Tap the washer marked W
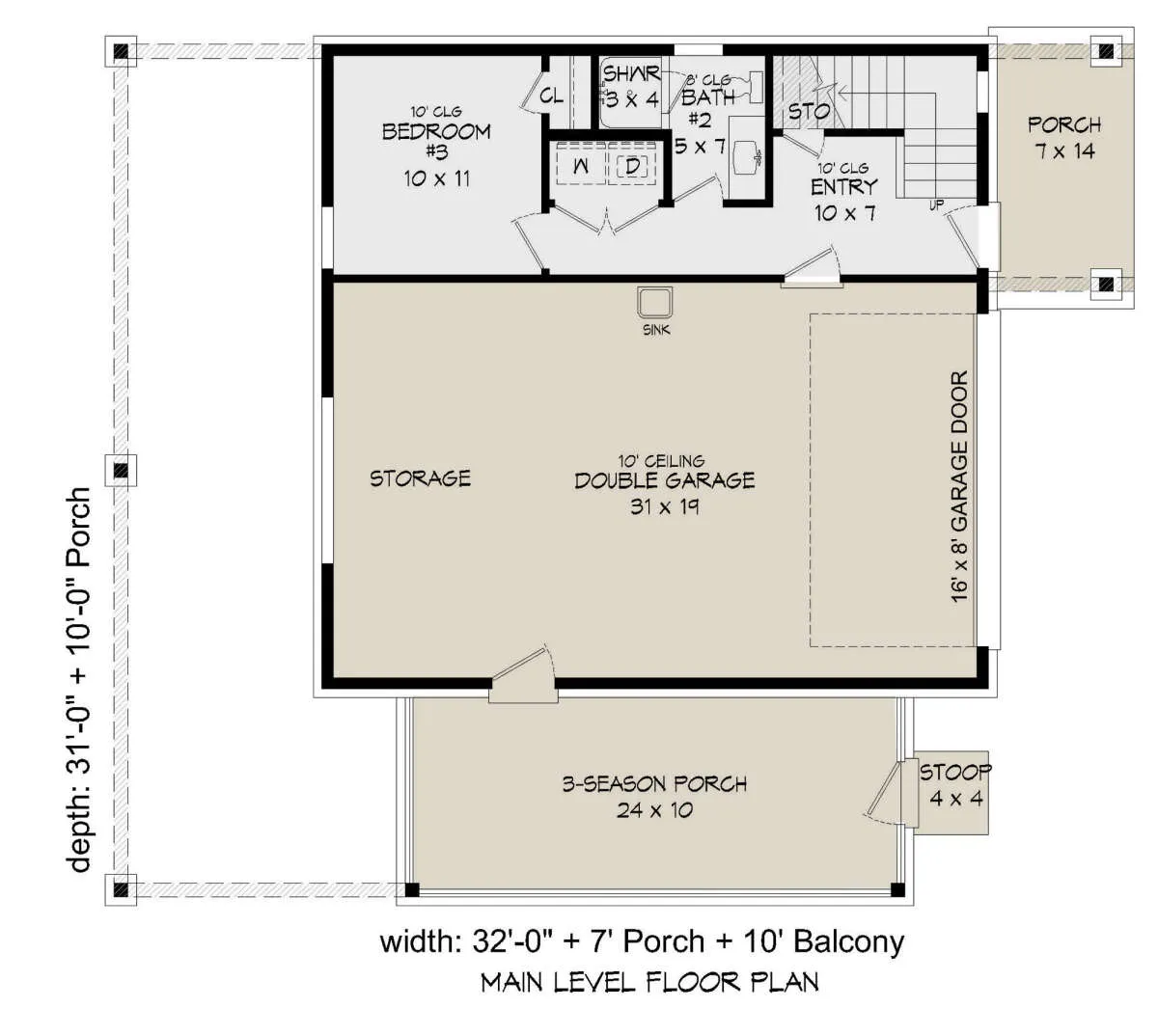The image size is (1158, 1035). click(581, 166)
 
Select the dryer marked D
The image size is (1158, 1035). click(633, 166)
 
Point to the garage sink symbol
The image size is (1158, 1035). click(655, 302)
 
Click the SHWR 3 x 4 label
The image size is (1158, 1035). click(631, 87)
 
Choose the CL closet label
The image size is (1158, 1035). click(552, 96)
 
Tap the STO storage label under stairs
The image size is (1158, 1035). click(809, 111)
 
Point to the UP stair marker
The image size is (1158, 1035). click(936, 204)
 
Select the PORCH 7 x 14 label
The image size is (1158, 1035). click(1064, 138)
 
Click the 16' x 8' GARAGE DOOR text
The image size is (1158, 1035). click(959, 486)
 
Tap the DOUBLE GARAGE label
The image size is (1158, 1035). click(664, 480)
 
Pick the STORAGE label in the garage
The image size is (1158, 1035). click(420, 478)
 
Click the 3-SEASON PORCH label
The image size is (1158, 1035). click(654, 784)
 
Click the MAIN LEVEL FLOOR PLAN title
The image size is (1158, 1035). click(649, 982)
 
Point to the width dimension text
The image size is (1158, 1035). click(642, 941)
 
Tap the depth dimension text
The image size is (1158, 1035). click(79, 680)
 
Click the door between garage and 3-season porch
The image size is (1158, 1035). click(523, 676)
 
